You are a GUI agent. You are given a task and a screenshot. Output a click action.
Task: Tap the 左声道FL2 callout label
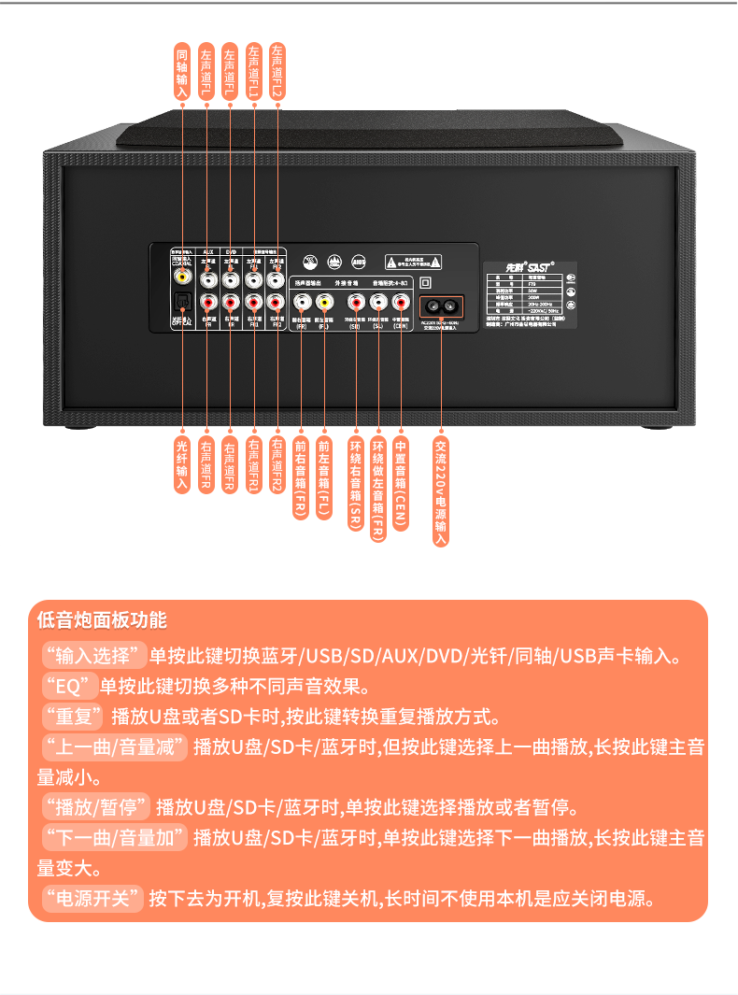tap(277, 71)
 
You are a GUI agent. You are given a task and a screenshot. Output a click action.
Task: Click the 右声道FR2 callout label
tap(277, 464)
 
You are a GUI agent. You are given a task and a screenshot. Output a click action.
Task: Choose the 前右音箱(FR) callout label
tap(300, 476)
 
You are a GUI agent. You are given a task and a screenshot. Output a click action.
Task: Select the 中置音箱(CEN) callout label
tap(401, 482)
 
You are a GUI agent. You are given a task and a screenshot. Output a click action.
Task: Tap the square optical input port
tap(183, 301)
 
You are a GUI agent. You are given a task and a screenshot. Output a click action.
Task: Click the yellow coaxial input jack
tap(183, 277)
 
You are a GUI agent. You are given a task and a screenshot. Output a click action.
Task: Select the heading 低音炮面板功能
tap(102, 619)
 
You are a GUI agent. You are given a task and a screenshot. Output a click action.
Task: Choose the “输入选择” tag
tap(94, 654)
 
